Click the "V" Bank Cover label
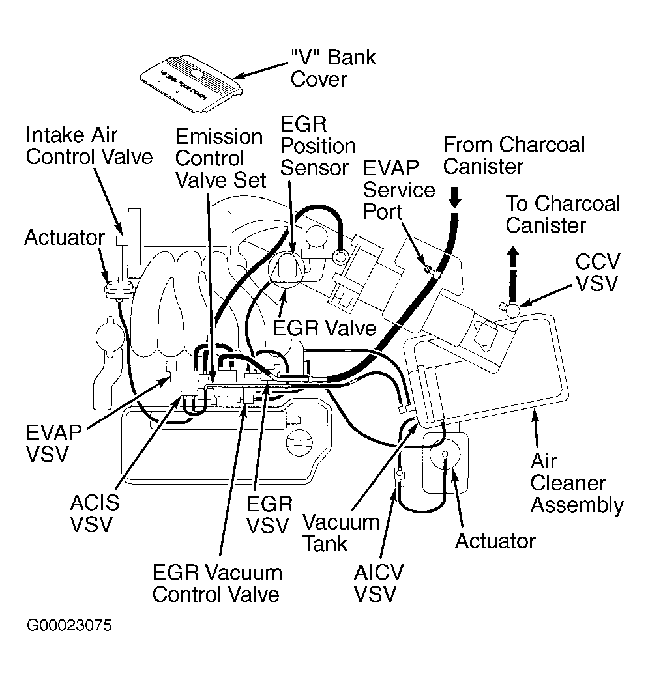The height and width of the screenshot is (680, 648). pyautogui.click(x=333, y=68)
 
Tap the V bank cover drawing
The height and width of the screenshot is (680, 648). pyautogui.click(x=191, y=83)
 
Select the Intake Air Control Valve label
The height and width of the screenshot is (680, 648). pyautogui.click(x=89, y=146)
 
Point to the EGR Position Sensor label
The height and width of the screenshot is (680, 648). pyautogui.click(x=317, y=146)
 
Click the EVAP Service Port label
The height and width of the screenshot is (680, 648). pyautogui.click(x=399, y=190)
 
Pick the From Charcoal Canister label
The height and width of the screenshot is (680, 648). pyautogui.click(x=514, y=156)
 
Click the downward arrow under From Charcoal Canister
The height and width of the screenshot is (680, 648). pyautogui.click(x=454, y=197)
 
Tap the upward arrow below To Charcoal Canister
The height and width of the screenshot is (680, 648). pyautogui.click(x=514, y=257)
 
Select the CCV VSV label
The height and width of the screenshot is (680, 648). pyautogui.click(x=598, y=273)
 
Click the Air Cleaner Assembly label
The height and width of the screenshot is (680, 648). pyautogui.click(x=577, y=483)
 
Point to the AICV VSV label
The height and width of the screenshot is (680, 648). pyautogui.click(x=379, y=583)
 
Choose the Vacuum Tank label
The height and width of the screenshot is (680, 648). pyautogui.click(x=341, y=533)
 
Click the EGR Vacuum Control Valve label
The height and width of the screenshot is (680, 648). pyautogui.click(x=217, y=584)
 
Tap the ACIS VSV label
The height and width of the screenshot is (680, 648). pyautogui.click(x=95, y=513)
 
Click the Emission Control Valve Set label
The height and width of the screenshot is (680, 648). pyautogui.click(x=220, y=158)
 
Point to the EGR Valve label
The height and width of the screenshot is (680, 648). pyautogui.click(x=324, y=328)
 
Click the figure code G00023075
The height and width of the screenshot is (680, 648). pyautogui.click(x=70, y=626)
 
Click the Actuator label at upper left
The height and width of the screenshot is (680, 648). pyautogui.click(x=65, y=238)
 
